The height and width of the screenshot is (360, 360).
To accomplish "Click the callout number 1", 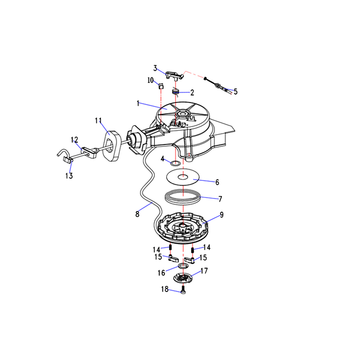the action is (138, 103).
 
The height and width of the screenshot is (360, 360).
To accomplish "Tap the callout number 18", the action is (165, 289).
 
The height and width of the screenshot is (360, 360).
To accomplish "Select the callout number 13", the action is (69, 175).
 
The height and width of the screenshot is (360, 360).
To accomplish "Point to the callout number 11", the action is (99, 121).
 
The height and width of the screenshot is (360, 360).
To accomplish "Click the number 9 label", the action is (221, 215).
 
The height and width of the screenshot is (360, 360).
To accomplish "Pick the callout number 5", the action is (235, 91).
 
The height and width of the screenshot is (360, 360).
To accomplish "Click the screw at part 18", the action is (183, 290).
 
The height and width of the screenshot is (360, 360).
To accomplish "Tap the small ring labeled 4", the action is (175, 163).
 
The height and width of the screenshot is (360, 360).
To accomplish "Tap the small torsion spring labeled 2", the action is (175, 91).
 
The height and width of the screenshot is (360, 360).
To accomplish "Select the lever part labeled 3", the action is (175, 75).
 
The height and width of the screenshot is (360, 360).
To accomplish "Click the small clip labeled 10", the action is (161, 86).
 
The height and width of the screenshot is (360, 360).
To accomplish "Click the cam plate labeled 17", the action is (183, 278).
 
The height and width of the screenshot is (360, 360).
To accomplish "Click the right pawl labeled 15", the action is (190, 260).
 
